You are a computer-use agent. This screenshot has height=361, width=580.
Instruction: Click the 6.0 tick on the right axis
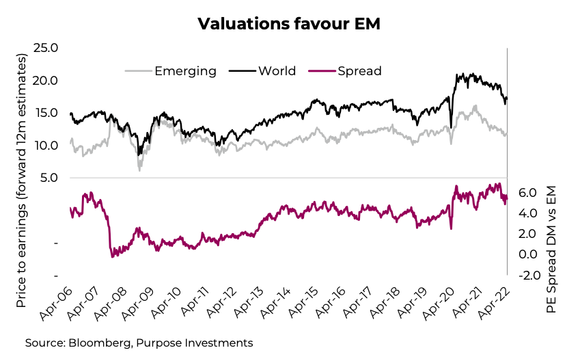tap(529, 193)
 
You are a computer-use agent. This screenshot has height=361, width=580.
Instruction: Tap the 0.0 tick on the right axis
tap(529, 255)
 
